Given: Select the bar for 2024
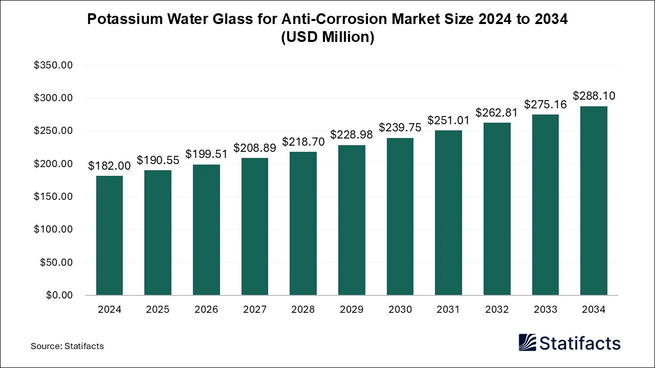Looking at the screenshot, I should (109, 235).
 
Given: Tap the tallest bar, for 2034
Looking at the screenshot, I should (594, 200).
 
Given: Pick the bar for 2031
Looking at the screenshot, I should (448, 213).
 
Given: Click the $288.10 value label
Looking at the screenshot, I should (594, 96).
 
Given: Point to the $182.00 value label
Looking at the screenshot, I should (109, 166).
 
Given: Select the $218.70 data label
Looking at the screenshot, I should (303, 142).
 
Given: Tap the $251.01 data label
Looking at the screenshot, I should (448, 120).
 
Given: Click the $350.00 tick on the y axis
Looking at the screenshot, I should (53, 65).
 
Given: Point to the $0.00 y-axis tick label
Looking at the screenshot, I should (60, 295).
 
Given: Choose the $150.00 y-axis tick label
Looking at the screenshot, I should (53, 197).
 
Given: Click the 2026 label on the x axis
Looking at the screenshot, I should (206, 310).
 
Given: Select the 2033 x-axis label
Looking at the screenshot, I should (545, 310).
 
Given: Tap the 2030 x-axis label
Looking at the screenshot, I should (400, 310).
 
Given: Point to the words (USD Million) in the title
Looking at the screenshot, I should (327, 37).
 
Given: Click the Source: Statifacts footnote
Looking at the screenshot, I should (67, 346).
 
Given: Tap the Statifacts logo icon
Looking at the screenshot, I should (528, 342).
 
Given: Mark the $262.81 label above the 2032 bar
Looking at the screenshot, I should (497, 112).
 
